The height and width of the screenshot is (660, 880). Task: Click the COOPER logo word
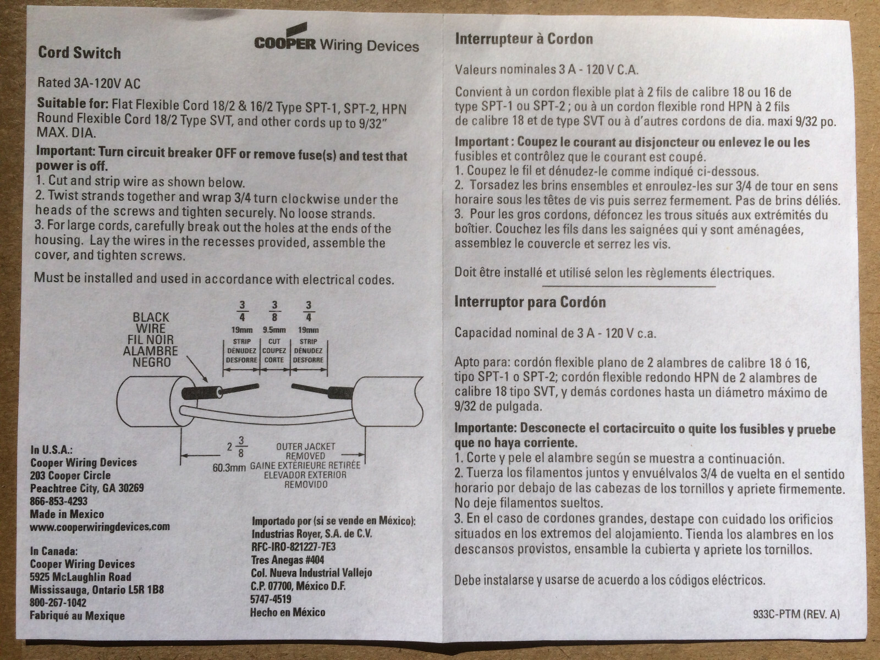(x=285, y=43)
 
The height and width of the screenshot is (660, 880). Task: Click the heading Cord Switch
(x=79, y=53)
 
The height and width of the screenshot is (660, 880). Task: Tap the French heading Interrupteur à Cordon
(x=524, y=39)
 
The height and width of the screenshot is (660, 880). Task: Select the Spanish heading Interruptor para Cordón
(x=530, y=302)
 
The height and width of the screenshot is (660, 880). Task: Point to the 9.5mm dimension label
(x=274, y=330)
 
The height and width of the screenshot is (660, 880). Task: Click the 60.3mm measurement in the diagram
(x=229, y=468)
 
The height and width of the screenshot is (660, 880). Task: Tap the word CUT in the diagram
(x=274, y=342)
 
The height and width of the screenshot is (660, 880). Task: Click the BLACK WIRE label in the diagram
(x=151, y=323)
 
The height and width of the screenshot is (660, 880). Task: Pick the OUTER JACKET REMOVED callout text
(x=305, y=451)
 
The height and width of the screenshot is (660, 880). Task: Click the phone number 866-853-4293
(x=58, y=501)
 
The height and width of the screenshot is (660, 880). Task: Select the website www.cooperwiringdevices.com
(x=100, y=526)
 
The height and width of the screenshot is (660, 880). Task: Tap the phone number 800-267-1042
(x=58, y=603)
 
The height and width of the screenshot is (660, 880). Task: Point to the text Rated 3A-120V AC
(x=89, y=83)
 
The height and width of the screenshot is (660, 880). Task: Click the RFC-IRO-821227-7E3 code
(x=294, y=547)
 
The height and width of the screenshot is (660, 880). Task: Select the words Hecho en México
(x=288, y=612)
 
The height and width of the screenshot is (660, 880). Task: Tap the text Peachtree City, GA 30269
(x=87, y=488)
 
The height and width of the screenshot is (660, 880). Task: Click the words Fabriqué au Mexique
(x=78, y=616)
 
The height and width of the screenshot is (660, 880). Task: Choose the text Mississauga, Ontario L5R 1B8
(x=97, y=590)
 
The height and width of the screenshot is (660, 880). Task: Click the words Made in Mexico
(x=67, y=514)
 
